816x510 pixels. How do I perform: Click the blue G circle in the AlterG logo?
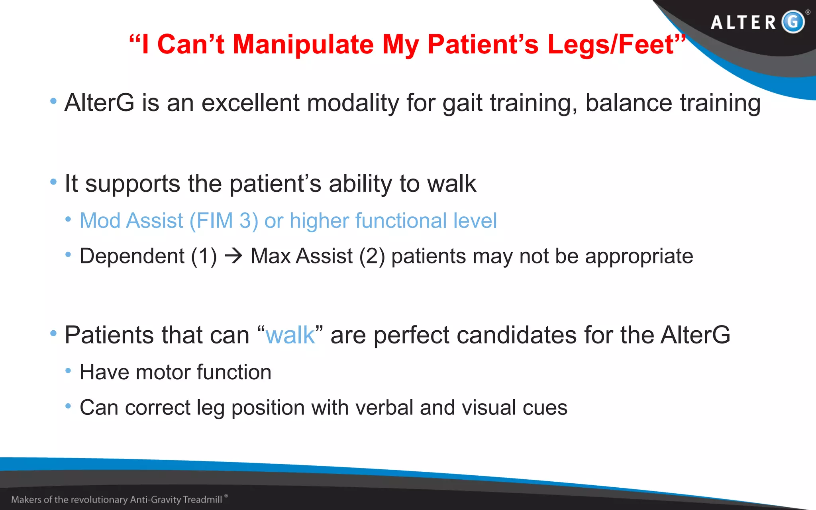pos(793,22)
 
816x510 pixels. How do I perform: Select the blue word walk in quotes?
pos(290,335)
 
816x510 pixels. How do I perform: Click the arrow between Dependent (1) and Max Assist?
pos(233,256)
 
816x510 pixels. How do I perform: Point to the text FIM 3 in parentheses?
pos(224,221)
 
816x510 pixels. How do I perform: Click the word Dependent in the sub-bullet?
pos(132,256)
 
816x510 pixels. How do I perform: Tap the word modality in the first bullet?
pos(353,103)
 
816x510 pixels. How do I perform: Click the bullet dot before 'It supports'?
pos(53,182)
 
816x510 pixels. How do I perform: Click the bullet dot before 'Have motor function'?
pos(68,371)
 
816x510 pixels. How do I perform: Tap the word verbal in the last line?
pos(384,408)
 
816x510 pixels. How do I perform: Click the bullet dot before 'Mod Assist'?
pos(68,219)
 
